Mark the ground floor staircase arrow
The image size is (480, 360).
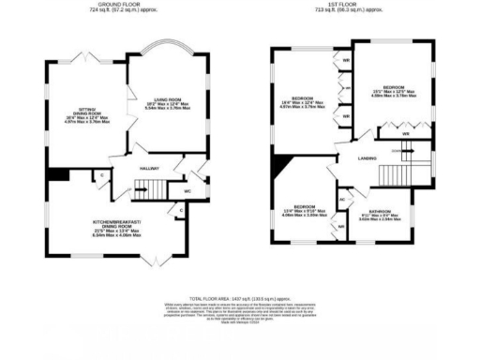tap(150, 184)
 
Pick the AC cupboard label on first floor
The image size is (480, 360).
tap(342, 200)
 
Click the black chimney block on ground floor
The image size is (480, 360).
tap(58, 174)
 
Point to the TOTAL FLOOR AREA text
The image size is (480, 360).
tap(240, 294)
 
